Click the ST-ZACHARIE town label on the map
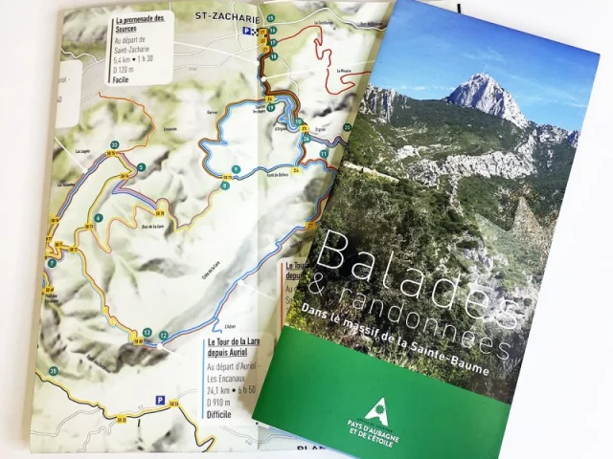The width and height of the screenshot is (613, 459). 226,16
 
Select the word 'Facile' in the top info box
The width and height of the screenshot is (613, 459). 122,81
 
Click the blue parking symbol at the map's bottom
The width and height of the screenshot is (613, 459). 161,399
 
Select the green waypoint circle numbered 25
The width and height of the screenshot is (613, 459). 54,370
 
